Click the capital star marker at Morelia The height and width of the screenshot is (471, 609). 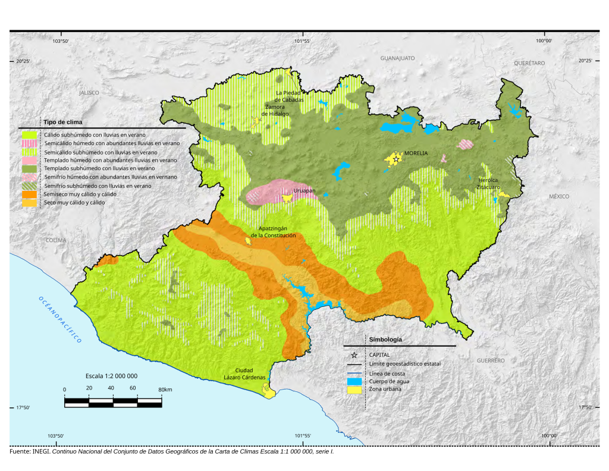point(395,159)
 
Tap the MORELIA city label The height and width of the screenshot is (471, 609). point(417,153)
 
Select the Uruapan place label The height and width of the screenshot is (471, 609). point(304,191)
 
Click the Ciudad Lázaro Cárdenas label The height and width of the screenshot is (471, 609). point(248,373)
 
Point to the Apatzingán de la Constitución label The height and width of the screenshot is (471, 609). point(273,232)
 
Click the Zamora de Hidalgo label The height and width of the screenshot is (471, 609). point(277,110)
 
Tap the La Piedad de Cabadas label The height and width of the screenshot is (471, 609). point(289,96)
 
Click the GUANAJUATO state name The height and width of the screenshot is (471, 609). point(397,58)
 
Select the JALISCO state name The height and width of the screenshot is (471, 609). point(89,93)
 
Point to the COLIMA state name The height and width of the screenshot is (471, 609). point(56,240)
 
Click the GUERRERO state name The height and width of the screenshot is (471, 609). point(491,360)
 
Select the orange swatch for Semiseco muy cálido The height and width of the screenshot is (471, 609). point(30,194)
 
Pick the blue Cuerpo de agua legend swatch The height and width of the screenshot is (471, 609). point(355,381)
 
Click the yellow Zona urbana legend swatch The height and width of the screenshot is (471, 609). point(355,390)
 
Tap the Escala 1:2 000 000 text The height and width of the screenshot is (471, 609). point(111,376)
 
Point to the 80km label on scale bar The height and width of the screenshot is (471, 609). point(165,390)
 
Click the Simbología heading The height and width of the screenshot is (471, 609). point(385,340)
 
